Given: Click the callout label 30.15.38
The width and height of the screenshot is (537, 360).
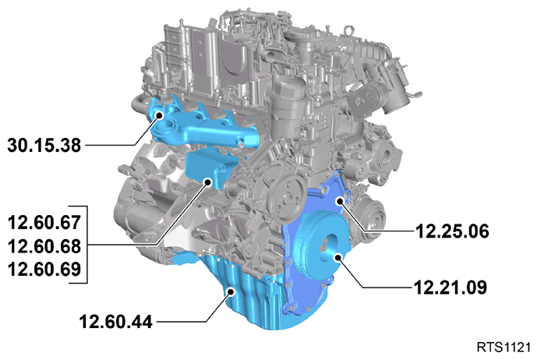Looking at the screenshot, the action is pyautogui.click(x=44, y=145).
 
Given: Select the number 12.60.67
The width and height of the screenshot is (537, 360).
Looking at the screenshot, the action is pyautogui.click(x=44, y=222).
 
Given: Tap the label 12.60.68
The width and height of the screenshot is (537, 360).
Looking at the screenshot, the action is pyautogui.click(x=44, y=246).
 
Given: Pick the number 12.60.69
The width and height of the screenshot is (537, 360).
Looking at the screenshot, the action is pyautogui.click(x=44, y=270).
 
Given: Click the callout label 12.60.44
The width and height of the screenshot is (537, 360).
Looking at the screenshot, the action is pyautogui.click(x=116, y=322).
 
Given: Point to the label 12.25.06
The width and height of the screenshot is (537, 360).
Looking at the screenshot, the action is pyautogui.click(x=452, y=231).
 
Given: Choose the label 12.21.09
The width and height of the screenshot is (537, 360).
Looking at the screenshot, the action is pyautogui.click(x=450, y=287).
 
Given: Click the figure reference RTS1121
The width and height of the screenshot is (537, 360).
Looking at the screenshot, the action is pyautogui.click(x=503, y=347).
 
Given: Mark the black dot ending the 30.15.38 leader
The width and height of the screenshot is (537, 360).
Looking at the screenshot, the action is pyautogui.click(x=159, y=115).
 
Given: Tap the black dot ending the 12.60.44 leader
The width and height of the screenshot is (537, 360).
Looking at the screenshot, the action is pyautogui.click(x=231, y=292).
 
